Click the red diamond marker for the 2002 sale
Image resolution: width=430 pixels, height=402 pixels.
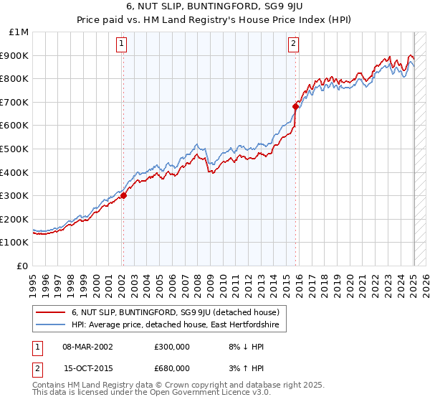[x=123, y=195]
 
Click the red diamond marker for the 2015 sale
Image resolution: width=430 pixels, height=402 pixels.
[x=295, y=106]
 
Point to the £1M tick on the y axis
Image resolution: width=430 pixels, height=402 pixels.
[x=20, y=32]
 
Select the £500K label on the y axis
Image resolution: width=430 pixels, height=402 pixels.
[x=16, y=149]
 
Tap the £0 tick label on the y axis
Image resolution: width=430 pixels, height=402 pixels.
[x=23, y=266]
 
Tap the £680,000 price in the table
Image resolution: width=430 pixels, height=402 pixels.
[x=171, y=368]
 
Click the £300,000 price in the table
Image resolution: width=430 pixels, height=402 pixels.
[x=171, y=347]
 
